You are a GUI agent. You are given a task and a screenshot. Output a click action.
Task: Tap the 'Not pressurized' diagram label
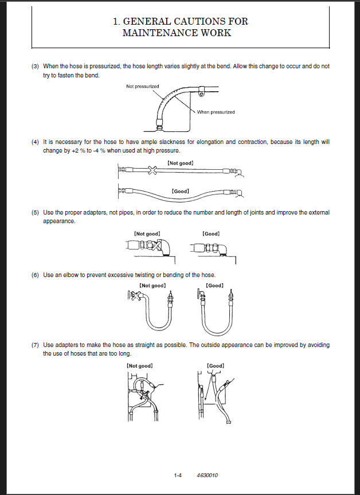[x=143, y=87]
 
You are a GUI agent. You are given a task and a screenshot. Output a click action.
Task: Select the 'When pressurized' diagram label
[x=216, y=112]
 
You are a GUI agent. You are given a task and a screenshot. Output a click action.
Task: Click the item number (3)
[x=35, y=67]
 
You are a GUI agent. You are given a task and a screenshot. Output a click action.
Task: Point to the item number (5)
[x=35, y=212]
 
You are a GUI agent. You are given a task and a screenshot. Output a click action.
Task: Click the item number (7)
[x=35, y=345]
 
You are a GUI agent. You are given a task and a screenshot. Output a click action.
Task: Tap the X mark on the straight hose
[x=152, y=170]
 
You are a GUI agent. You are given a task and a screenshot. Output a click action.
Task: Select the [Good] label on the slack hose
[x=181, y=190]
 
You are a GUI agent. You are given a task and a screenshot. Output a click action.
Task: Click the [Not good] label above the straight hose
[x=181, y=163]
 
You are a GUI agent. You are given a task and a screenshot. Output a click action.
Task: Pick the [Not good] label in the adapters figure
[x=146, y=233]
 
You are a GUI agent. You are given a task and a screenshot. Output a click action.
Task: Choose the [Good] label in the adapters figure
[x=212, y=233]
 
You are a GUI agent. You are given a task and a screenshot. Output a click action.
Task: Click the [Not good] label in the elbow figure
[x=152, y=286]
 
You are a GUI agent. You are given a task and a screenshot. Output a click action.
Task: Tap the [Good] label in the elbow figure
[x=215, y=286]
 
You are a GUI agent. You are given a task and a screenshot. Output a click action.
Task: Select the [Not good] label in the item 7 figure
[x=140, y=365]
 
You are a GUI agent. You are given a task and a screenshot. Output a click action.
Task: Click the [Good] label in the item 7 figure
[x=216, y=365]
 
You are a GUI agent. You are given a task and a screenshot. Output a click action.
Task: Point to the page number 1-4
[x=178, y=475]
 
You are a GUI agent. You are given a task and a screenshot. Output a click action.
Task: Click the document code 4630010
[x=208, y=475]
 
